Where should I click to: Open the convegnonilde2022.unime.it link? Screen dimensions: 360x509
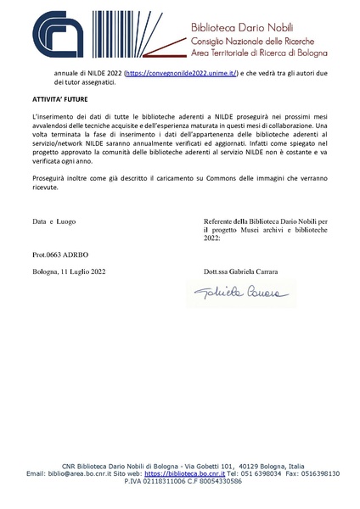coord(181,75)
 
